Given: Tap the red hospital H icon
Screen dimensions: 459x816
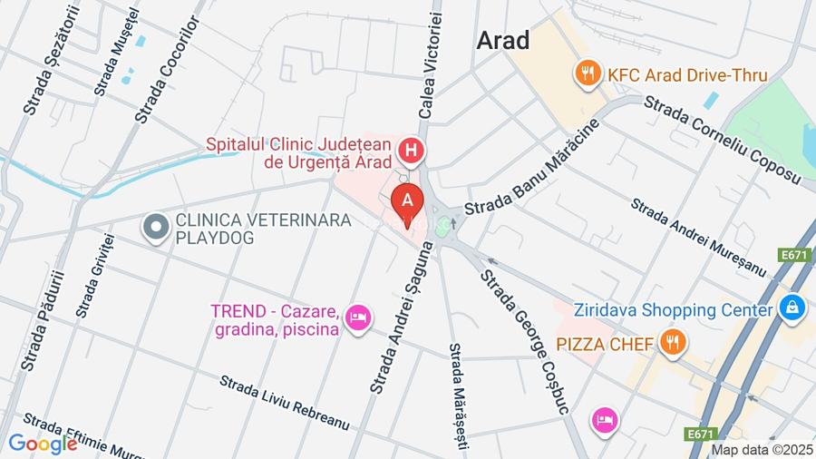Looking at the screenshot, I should pyautogui.click(x=412, y=151).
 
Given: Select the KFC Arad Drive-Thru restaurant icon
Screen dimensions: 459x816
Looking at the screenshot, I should pyautogui.click(x=589, y=73).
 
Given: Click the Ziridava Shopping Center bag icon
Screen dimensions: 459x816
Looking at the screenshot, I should pyautogui.click(x=792, y=308).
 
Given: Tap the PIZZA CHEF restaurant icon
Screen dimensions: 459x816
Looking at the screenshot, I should pyautogui.click(x=672, y=342).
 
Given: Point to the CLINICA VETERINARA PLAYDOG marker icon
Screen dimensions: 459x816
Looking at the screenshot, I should pyautogui.click(x=157, y=227).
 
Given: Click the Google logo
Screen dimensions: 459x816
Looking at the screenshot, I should pyautogui.click(x=42, y=444).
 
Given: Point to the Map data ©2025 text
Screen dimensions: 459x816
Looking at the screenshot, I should pyautogui.click(x=761, y=449).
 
